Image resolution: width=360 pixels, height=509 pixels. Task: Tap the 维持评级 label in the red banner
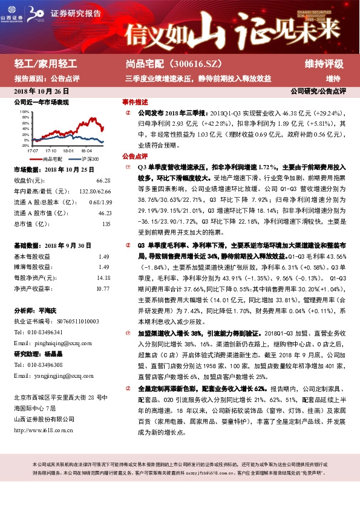pos(324,63)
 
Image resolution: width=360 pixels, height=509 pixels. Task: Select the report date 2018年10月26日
pos(41,91)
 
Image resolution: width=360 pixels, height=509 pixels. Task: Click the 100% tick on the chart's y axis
pos(24,112)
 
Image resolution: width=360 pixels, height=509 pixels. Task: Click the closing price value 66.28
pos(103,181)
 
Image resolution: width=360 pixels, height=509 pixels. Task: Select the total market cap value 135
pos(106,224)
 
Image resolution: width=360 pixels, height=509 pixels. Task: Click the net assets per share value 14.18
pos(103,278)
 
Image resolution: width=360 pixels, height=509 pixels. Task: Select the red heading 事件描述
pos(135,102)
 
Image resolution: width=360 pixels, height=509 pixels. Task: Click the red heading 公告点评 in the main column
pos(135,155)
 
